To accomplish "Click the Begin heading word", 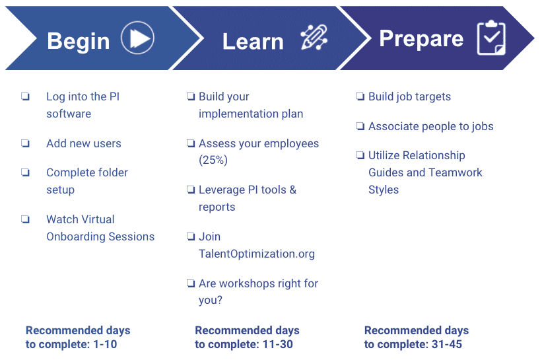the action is [x=78, y=42].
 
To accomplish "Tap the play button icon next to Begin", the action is [x=137, y=38].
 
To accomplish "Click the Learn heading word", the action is [x=253, y=42].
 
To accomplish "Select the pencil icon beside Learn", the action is [x=314, y=37].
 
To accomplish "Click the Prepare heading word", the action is [x=421, y=39].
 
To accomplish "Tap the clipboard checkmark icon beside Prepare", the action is [x=491, y=38].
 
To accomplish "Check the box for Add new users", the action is [x=26, y=143].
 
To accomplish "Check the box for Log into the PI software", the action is [x=26, y=96].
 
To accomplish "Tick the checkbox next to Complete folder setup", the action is [x=26, y=172].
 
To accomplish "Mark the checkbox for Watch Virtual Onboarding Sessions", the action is [x=26, y=219].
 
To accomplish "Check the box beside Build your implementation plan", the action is [x=191, y=96].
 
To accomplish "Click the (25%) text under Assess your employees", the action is [x=213, y=161].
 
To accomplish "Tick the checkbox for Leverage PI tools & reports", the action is [x=191, y=190].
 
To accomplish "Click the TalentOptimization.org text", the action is [x=257, y=254].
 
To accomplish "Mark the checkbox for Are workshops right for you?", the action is [x=191, y=283].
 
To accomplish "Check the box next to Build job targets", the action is [x=360, y=96].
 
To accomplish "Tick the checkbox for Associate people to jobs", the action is [x=360, y=126].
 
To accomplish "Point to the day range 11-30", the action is [x=277, y=344].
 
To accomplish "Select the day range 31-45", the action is [x=447, y=344].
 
